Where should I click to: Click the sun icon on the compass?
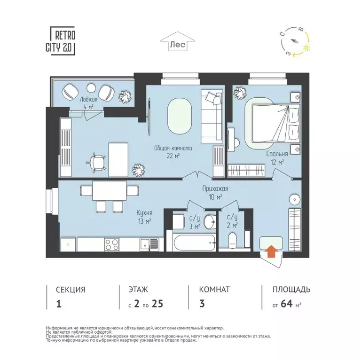coord(307,48)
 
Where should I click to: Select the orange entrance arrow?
coord(271,252)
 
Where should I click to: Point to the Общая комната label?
coord(173,151)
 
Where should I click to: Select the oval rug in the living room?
coord(179,116)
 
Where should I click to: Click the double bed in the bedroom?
coord(275,123)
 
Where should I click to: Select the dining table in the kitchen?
coord(109,191)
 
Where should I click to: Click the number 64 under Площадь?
coord(287,303)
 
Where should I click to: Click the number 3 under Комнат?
coord(202,303)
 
